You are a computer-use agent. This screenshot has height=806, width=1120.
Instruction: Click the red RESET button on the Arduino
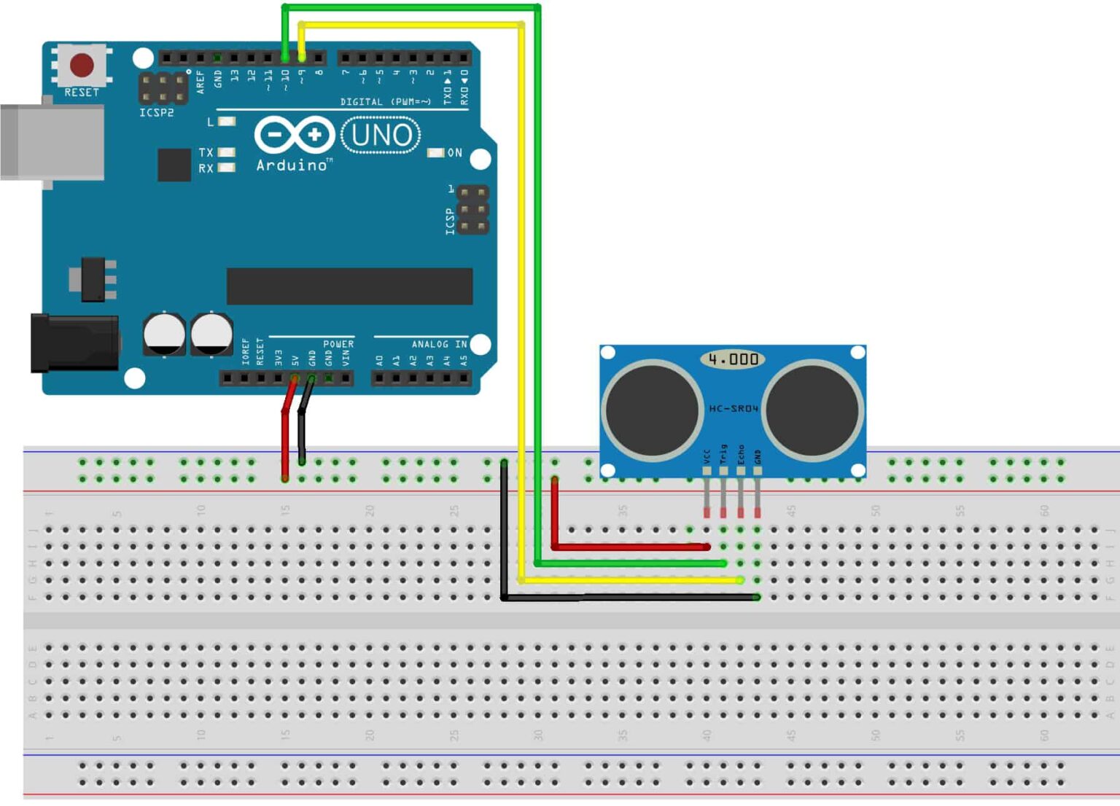click(82, 66)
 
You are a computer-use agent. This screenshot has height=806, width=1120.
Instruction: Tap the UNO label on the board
click(381, 136)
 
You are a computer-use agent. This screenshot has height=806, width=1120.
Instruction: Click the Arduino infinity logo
click(295, 135)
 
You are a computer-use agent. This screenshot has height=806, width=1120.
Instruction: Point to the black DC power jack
click(74, 343)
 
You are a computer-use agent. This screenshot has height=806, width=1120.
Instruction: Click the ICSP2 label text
click(157, 113)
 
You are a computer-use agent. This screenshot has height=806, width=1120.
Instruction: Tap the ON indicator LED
click(435, 153)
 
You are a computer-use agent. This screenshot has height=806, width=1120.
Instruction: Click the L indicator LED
click(227, 121)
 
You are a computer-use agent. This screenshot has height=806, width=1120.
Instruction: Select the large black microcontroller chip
click(349, 286)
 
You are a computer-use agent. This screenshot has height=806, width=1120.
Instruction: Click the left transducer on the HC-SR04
click(651, 410)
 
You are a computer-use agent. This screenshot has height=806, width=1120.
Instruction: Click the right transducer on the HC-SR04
click(812, 410)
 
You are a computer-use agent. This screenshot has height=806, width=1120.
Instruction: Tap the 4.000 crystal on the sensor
click(733, 359)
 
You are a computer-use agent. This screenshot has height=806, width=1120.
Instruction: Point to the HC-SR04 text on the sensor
click(734, 409)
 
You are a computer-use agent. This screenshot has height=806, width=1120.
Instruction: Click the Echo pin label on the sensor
click(741, 455)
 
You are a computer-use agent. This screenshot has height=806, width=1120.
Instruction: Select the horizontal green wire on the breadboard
click(631, 563)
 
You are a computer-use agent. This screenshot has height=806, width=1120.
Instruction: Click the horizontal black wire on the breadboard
click(631, 598)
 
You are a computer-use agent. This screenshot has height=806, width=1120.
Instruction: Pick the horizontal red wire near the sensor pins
click(631, 546)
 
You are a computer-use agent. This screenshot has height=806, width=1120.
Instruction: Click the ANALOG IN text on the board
click(439, 344)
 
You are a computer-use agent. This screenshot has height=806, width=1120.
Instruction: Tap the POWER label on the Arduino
click(338, 344)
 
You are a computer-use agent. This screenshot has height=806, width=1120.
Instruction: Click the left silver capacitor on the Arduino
click(164, 334)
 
